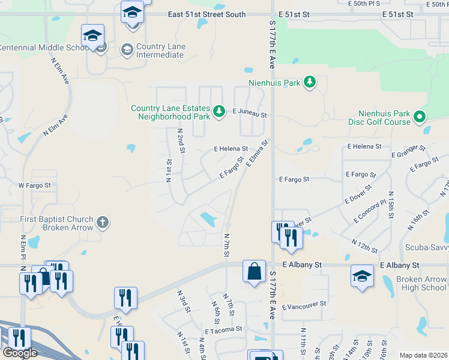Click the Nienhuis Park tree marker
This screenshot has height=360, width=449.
[309, 82]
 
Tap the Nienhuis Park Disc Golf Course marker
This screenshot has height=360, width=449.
[420, 116]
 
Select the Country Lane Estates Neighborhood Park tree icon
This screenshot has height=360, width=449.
[220, 110]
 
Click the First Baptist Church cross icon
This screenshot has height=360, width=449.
[103, 223]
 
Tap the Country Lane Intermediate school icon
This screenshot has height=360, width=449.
[127, 50]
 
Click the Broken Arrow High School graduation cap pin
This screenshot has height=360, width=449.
[361, 277]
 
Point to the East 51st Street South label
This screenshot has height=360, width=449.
[206, 14]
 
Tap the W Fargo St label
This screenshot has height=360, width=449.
[34, 185]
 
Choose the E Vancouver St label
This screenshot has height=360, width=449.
[303, 304]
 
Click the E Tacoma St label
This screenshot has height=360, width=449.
[223, 329]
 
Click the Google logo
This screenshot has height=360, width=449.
[20, 352]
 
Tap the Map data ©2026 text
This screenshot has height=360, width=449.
[423, 355]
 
